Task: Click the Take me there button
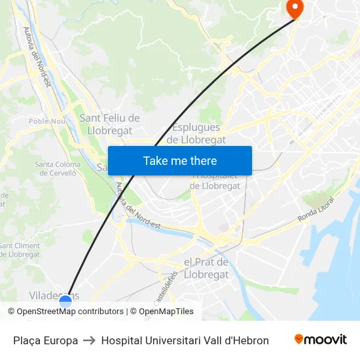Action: point(180,161)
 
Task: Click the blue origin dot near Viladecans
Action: point(65,302)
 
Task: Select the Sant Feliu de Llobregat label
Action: point(109,124)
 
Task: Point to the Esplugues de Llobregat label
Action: point(196,134)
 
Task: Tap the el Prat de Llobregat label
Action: point(206,268)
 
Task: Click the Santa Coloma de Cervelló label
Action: point(58,169)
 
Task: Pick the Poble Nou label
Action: point(47,121)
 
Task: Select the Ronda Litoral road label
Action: point(315,209)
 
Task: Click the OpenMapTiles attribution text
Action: point(162,312)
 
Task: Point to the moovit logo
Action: point(321,340)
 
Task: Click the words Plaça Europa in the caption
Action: point(45,340)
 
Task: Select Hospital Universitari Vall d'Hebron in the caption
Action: point(185,340)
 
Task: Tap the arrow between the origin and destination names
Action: point(90,340)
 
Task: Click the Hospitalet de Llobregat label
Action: point(215,181)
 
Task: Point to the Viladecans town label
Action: point(46,296)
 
